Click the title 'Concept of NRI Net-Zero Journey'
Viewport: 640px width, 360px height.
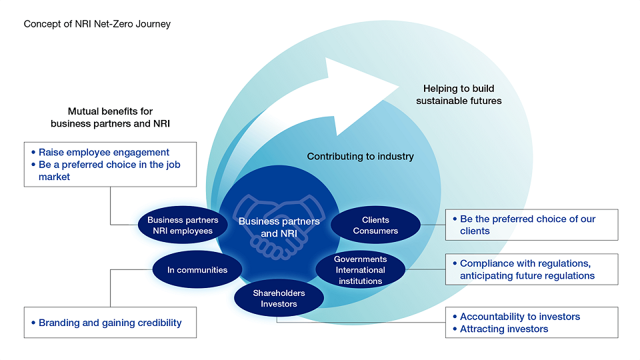97,24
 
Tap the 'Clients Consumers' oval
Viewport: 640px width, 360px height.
375,225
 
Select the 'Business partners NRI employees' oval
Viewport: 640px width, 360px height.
183,225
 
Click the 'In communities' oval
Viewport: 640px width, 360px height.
197,270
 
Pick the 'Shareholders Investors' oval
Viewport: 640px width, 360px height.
279,299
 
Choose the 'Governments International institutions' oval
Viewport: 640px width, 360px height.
360,270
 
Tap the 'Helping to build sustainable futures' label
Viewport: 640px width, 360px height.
459,95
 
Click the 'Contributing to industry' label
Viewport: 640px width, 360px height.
360,157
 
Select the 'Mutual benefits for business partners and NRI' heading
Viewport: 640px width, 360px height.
111,117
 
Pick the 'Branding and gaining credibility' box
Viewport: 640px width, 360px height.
110,323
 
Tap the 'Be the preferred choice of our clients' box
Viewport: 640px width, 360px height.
531,225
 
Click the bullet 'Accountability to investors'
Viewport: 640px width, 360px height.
520,317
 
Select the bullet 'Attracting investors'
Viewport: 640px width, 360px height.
504,329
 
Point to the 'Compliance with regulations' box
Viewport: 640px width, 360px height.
531,269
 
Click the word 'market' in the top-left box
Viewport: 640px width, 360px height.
54,177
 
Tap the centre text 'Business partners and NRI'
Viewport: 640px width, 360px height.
279,227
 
